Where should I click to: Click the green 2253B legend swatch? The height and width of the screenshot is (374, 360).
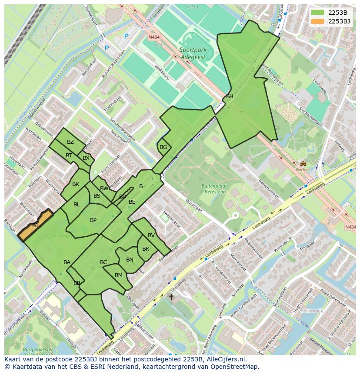coord(317,13)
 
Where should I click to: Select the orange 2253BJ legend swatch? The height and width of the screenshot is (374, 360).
coord(317,21)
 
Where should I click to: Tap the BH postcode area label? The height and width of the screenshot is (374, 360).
coord(230,96)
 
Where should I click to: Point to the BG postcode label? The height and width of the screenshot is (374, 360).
coord(163,147)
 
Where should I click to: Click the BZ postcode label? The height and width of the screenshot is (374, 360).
coord(70,142)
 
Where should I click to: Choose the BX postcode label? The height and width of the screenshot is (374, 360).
coord(86,158)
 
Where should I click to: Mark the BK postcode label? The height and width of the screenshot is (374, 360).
coord(76,184)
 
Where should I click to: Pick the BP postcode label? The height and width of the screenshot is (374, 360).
coord(93,220)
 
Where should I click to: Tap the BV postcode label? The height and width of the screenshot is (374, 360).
coord(151,235)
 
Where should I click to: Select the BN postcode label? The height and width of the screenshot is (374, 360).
coord(130,260)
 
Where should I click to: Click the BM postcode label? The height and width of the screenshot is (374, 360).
coord(119,275)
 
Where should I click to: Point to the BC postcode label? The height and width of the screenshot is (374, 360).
coord(103,262)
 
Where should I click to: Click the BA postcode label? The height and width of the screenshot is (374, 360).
coord(67,262)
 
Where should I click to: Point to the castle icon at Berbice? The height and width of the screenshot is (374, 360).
coord(303,164)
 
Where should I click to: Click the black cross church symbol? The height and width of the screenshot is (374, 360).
coord(171,297)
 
